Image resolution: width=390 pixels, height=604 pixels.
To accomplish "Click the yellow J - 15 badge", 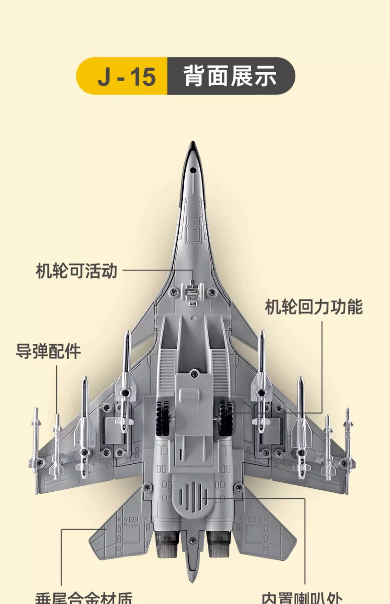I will click(x=123, y=76).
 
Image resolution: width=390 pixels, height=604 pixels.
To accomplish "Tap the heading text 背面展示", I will click(x=230, y=76).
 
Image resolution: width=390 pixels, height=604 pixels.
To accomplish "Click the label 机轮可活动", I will click(x=76, y=271).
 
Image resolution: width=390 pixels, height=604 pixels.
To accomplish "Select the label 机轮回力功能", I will click(x=314, y=307).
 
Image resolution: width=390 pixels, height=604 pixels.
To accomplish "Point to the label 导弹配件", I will click(x=48, y=351).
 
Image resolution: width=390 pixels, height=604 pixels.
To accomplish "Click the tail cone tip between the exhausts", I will click(x=192, y=576).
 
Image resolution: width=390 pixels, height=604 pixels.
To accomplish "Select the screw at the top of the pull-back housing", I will click(x=194, y=374).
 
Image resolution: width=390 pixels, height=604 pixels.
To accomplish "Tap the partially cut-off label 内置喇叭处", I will click(x=302, y=598).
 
